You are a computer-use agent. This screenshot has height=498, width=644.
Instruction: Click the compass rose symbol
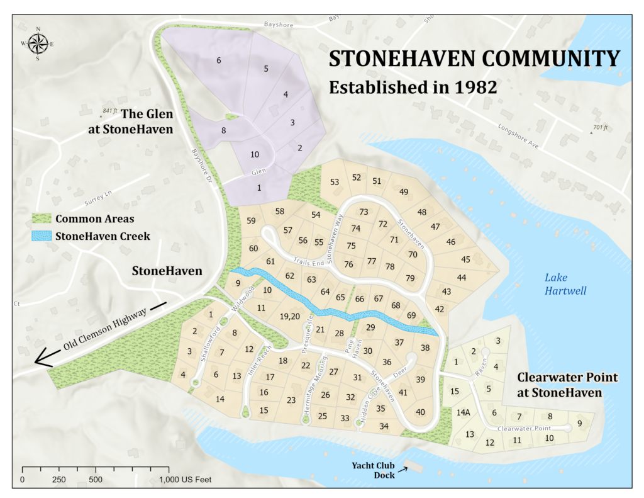[38, 43]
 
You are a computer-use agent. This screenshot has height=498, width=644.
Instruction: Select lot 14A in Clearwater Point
[463, 412]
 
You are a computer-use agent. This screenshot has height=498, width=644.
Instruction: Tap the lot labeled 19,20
[289, 316]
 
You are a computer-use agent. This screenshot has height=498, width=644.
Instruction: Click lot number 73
[364, 212]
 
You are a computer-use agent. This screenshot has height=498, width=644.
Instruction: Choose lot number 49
[404, 192]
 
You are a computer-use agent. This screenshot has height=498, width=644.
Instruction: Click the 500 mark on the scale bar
[96, 480]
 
